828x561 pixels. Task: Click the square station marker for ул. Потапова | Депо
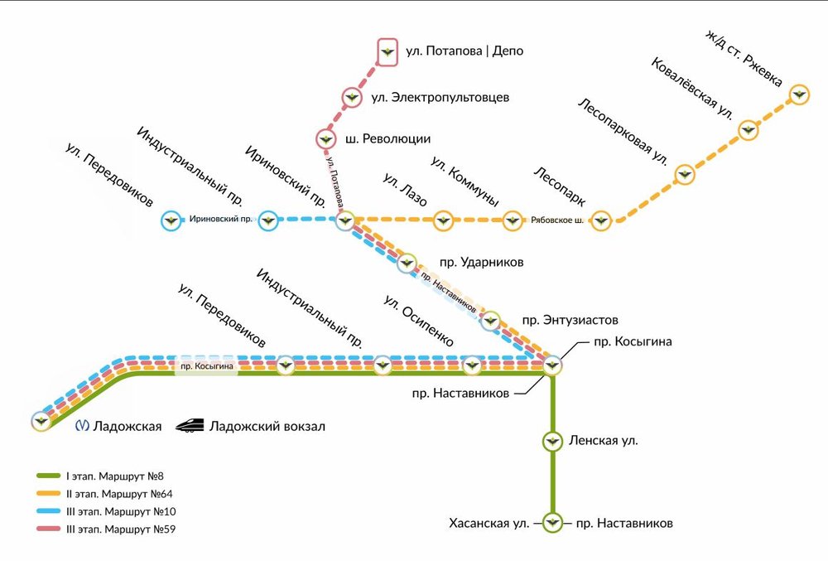387,51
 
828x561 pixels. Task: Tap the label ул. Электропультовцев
440,97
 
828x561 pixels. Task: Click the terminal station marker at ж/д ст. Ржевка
799,94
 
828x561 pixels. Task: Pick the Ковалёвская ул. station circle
748,128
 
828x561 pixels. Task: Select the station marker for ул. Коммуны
514,220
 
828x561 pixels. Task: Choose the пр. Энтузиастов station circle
491,318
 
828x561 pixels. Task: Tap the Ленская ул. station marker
551,440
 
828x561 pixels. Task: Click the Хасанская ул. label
489,524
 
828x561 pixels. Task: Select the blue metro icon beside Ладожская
82,426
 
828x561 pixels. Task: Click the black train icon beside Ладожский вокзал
190,425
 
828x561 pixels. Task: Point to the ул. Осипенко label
418,320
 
